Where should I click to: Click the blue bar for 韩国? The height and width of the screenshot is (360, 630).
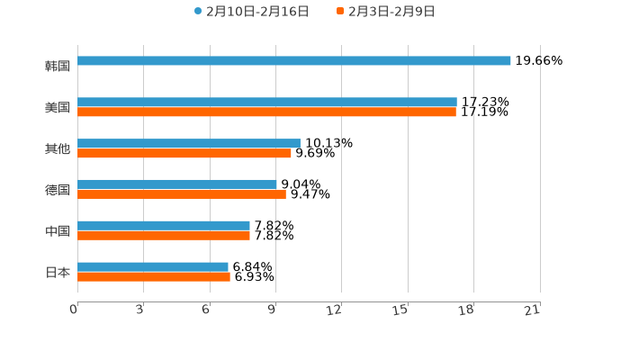coord(294,61)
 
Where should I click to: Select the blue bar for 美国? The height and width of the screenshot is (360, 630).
coord(267,103)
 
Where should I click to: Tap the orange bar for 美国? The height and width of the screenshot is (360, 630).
coord(266,112)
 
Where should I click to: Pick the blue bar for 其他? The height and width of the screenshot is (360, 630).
coord(189,144)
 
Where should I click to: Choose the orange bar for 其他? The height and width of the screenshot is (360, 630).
coord(184,154)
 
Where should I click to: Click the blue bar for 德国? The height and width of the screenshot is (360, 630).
coord(177,184)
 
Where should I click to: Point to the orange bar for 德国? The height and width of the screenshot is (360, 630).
coord(182,194)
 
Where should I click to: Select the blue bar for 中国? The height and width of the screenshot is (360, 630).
coord(164,226)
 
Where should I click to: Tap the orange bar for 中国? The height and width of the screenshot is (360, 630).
coord(164,236)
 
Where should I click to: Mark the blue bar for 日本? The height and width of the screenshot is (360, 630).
coord(153,267)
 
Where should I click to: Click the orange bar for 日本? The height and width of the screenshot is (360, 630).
coord(154,277)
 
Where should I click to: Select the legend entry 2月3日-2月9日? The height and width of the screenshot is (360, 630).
coord(386,12)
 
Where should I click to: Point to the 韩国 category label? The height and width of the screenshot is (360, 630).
coord(58,66)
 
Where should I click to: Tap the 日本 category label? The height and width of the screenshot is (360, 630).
coord(58,272)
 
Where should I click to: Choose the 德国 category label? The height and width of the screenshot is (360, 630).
coord(58,190)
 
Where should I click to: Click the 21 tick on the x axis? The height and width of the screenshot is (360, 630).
coord(532,310)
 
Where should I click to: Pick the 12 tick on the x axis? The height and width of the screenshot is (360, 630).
coord(334,310)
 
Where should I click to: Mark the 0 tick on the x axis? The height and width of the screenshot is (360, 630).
coord(74,310)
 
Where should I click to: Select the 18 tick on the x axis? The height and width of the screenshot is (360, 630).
coord(466,310)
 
